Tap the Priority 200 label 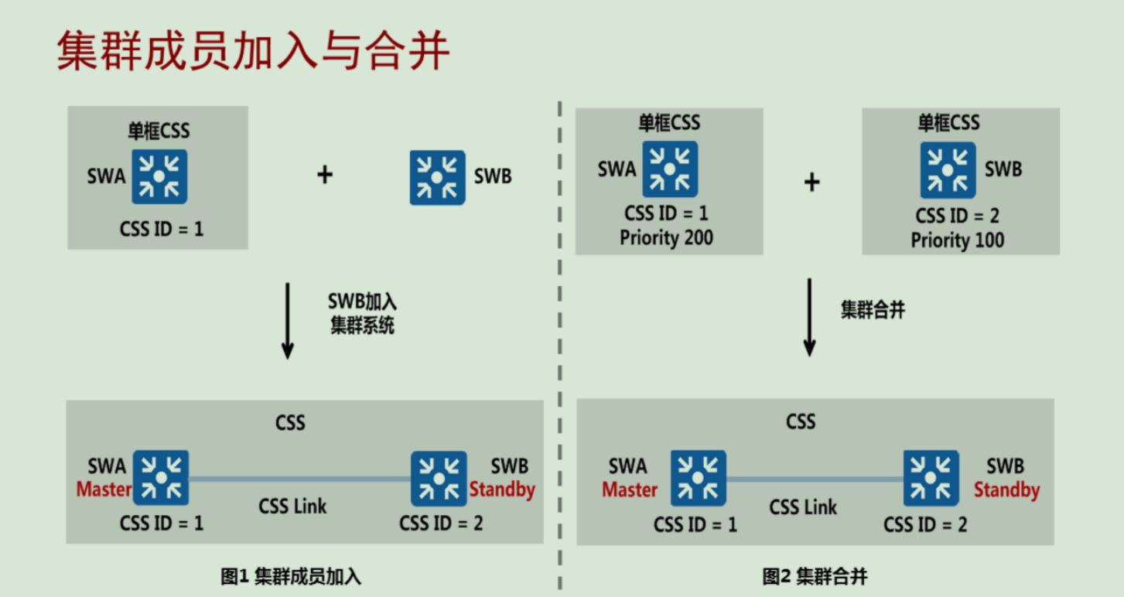(x=666, y=238)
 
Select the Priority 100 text (x=958, y=240)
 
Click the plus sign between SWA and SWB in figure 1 (x=325, y=175)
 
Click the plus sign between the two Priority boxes (x=811, y=183)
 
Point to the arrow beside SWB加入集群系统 (x=287, y=320)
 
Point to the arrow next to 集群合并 (x=809, y=317)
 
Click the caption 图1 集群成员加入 (x=291, y=576)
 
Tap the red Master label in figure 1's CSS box (x=104, y=490)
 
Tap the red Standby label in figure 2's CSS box (x=1006, y=490)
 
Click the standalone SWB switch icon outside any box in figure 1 (x=437, y=177)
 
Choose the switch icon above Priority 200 (x=670, y=169)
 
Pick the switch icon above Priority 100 (x=948, y=169)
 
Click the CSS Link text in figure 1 (x=292, y=507)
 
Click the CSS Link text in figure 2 (x=803, y=507)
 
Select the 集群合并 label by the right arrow (x=873, y=310)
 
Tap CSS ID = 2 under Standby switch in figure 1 (x=441, y=524)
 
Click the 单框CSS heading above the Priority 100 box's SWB (x=948, y=122)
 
